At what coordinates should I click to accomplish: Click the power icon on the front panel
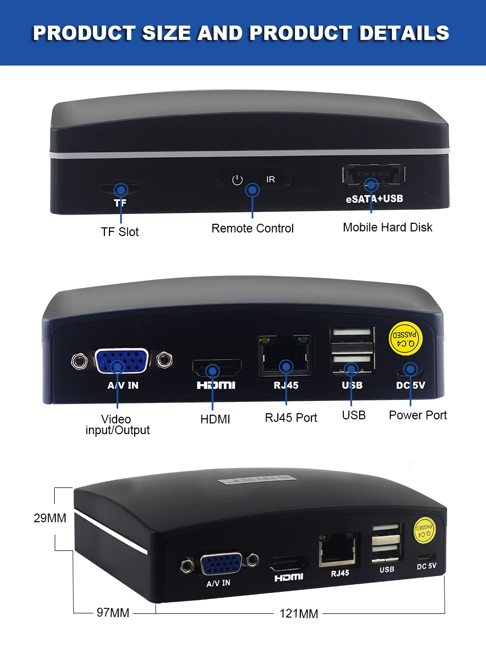coord(237,180)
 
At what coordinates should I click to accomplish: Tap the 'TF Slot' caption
coord(120,232)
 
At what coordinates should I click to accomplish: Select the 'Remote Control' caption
coord(252,228)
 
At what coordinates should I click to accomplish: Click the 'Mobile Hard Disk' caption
coord(387,227)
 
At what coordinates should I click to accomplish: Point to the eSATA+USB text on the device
coord(374,199)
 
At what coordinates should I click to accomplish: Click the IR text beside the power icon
coord(271,179)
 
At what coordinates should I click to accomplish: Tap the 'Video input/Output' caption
coord(117,425)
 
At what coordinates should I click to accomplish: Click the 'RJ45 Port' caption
coord(291,418)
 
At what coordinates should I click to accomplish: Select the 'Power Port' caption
coord(417,415)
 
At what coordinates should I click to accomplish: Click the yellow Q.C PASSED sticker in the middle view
coord(405,338)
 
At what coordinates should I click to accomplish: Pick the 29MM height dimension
coord(50,518)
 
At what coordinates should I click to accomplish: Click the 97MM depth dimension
coord(113,612)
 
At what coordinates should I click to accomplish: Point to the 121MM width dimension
coord(299,613)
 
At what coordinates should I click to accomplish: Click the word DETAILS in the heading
coord(404,33)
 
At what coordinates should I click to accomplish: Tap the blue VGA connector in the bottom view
coord(222,564)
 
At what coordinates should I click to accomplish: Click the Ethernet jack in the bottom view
coord(337,551)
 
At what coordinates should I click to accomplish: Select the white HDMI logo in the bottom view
coord(289,578)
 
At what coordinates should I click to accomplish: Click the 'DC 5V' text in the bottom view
coord(426,566)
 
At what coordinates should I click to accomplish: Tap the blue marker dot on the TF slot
coord(121,190)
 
